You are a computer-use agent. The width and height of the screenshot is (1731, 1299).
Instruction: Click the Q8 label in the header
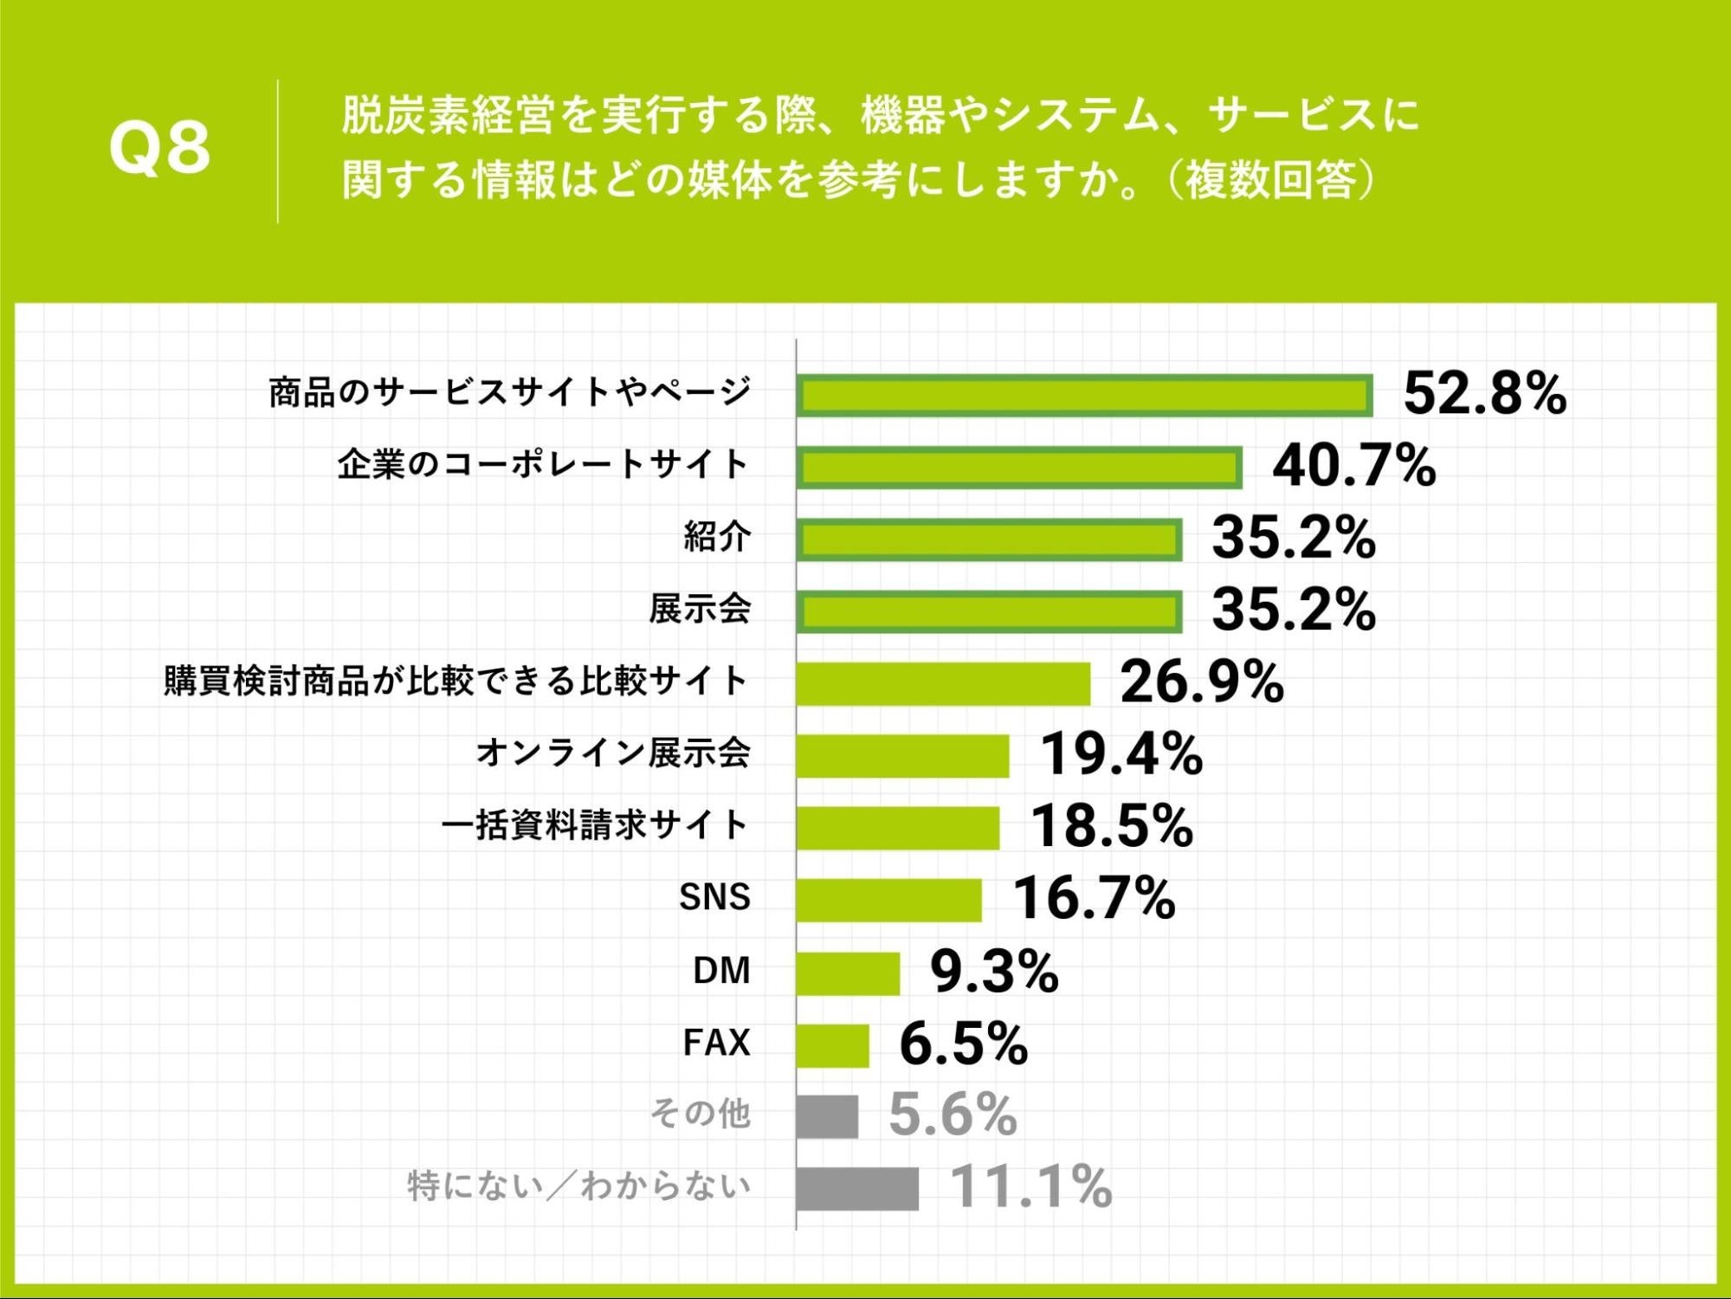pos(159,148)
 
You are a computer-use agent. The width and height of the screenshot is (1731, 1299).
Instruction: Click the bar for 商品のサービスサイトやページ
pos(1084,396)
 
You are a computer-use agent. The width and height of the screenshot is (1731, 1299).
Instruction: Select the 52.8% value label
pos(1484,394)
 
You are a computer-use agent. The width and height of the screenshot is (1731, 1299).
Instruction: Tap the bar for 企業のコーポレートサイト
pos(1019,468)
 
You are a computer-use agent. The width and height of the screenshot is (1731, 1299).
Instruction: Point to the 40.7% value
pos(1353,466)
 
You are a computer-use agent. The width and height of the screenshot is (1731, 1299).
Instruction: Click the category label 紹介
pos(717,538)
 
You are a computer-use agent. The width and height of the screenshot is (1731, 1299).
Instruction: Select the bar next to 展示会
pos(989,612)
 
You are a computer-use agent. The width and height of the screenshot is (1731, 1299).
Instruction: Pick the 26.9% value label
pos(1202,682)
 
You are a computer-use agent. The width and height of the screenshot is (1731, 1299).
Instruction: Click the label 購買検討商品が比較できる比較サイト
pos(456,682)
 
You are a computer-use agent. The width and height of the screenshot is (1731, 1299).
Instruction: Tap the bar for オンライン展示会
pos(902,756)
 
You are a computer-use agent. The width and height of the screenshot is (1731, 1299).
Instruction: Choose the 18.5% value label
pos(1112,826)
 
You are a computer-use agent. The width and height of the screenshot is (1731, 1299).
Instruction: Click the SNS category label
pos(714,898)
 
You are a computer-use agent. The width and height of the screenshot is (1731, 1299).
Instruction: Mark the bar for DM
pos(848,973)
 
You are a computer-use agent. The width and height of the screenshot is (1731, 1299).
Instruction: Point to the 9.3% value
pos(994,972)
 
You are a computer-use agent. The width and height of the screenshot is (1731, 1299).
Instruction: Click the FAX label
pos(716,1043)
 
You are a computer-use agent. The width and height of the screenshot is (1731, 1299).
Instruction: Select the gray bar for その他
pos(827,1117)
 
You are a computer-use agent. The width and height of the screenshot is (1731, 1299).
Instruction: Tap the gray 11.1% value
pos(1030,1187)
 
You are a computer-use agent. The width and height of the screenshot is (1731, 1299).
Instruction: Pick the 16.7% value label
pos(1094,899)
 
